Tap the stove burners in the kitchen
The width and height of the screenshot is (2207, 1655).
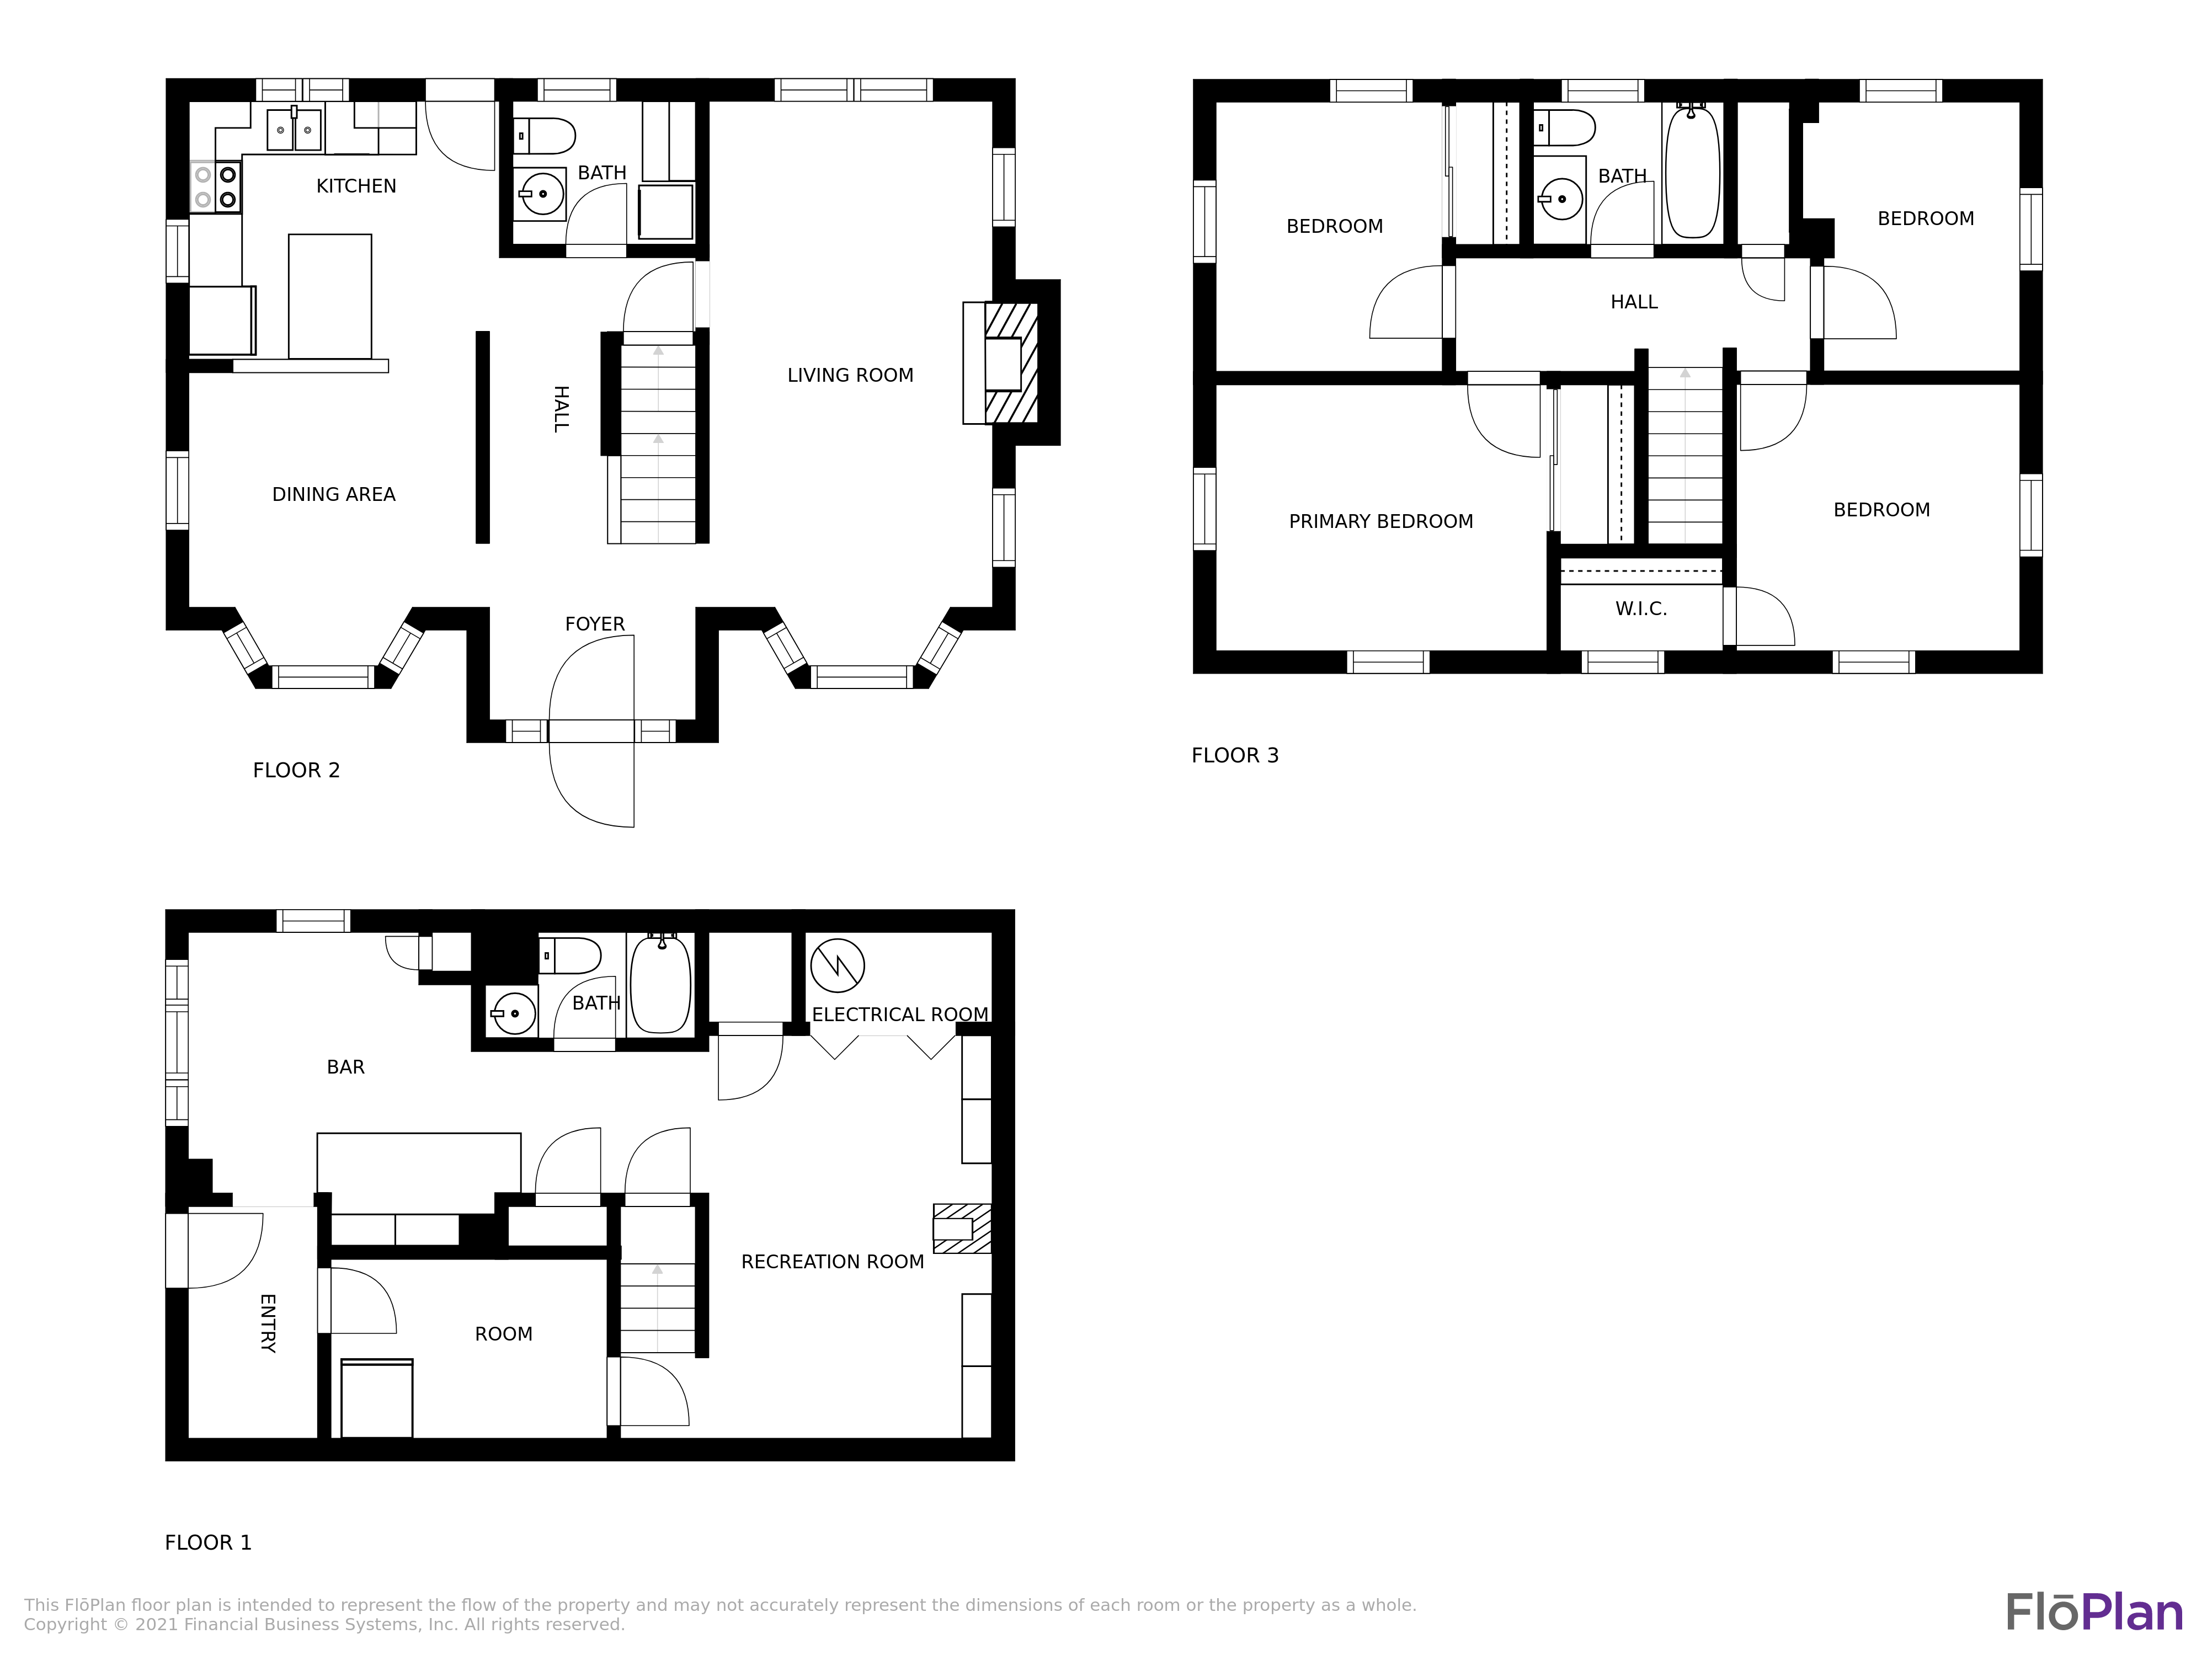tap(216, 186)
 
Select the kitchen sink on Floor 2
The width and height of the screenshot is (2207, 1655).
tap(294, 130)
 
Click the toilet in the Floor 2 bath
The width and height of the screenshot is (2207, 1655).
tap(545, 136)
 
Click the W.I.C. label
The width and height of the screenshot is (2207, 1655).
tap(1641, 608)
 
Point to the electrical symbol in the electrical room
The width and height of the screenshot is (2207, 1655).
tap(837, 965)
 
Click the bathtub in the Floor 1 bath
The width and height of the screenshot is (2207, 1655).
tap(660, 985)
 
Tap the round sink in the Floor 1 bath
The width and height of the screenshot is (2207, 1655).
tap(512, 1013)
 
